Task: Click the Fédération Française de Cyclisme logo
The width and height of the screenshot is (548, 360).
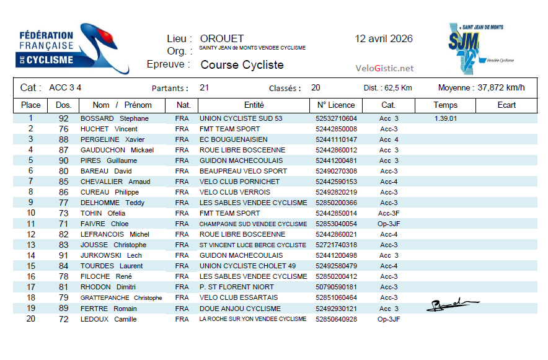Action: (73, 49)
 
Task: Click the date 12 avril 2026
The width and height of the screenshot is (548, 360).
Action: (384, 38)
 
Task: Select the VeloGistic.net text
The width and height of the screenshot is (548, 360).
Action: (384, 68)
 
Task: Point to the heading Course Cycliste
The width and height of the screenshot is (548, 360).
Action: (242, 65)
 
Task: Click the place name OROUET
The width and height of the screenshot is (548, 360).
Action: (222, 39)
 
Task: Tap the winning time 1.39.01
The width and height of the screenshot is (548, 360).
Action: (446, 118)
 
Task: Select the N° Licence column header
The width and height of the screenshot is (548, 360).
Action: (336, 105)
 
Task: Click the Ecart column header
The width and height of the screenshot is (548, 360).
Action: (506, 105)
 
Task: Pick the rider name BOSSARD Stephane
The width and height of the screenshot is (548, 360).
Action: (115, 118)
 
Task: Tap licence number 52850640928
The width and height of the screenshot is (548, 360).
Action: (336, 319)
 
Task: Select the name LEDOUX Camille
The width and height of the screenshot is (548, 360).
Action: (108, 319)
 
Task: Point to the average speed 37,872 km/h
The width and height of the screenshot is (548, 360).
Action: (501, 87)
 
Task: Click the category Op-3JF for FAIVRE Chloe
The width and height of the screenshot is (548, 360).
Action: (389, 224)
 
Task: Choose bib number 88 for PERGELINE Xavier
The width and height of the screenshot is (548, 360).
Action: (63, 139)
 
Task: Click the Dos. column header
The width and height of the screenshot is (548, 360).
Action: (63, 105)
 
